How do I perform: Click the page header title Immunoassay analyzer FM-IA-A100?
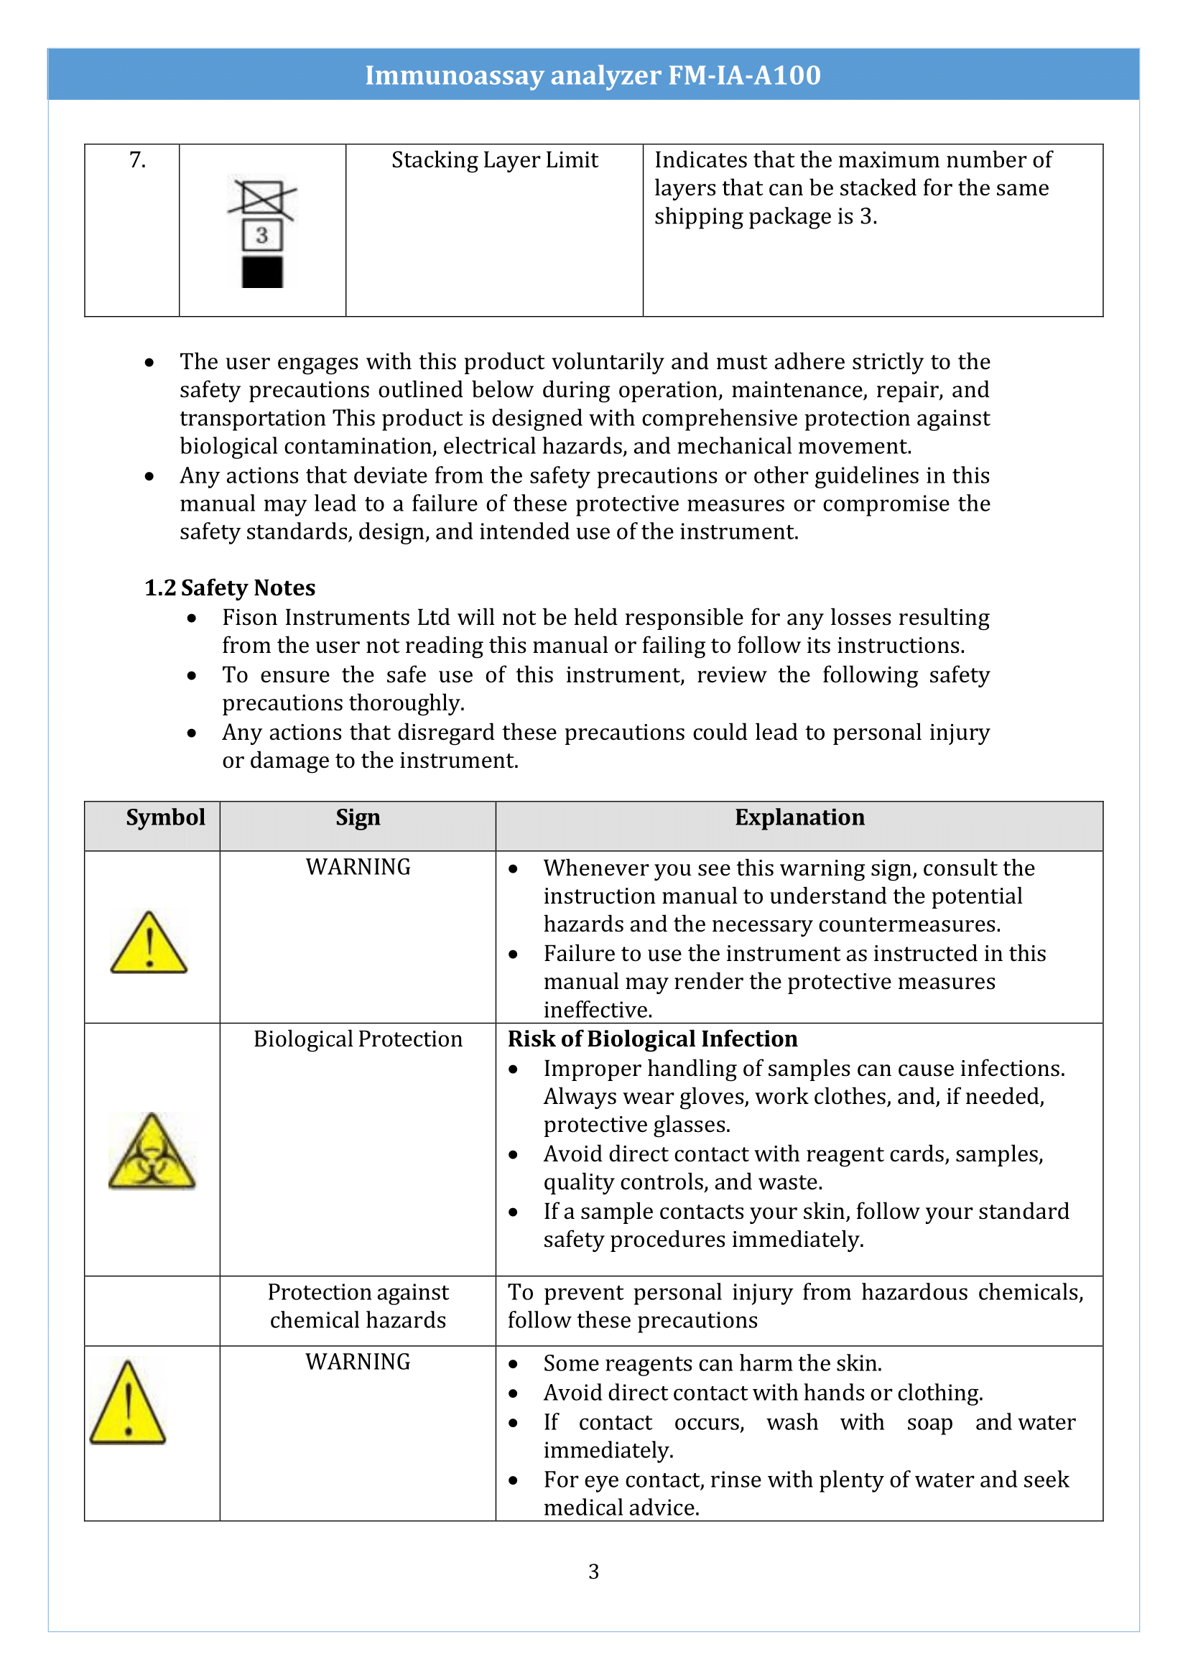593,75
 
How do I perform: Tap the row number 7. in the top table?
137,159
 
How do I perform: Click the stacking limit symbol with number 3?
262,233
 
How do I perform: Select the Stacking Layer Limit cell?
494,159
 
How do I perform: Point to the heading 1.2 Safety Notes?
229,588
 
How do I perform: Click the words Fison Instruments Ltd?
335,618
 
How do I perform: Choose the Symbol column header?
165,817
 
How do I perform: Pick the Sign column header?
358,817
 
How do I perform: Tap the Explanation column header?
799,817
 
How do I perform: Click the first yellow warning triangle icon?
149,944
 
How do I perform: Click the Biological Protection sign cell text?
358,1039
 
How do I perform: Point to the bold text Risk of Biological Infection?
652,1039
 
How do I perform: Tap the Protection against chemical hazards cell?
358,1306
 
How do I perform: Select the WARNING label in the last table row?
358,1362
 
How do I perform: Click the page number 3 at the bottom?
593,1572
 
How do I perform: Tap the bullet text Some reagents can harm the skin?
713,1363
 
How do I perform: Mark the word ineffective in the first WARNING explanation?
597,1010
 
